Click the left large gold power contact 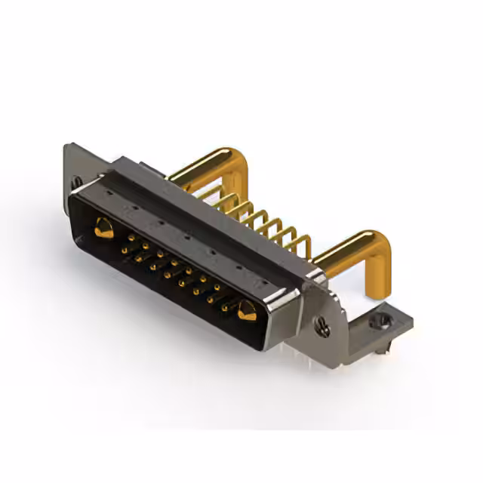tap(103, 226)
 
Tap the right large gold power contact tap(246, 309)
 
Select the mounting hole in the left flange tap(76, 181)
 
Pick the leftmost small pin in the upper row tap(131, 237)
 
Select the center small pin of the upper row tap(174, 262)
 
